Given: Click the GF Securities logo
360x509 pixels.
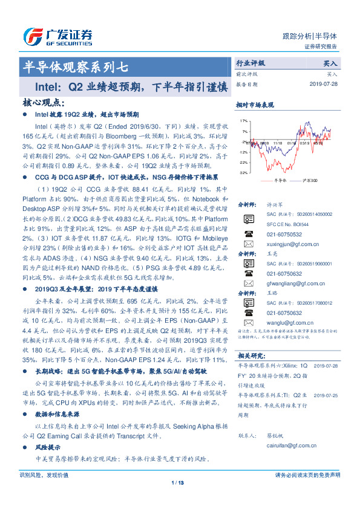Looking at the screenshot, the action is point(57,34).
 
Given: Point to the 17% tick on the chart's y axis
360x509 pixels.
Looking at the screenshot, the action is point(244,121).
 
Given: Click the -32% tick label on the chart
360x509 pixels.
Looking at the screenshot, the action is point(243,172).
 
